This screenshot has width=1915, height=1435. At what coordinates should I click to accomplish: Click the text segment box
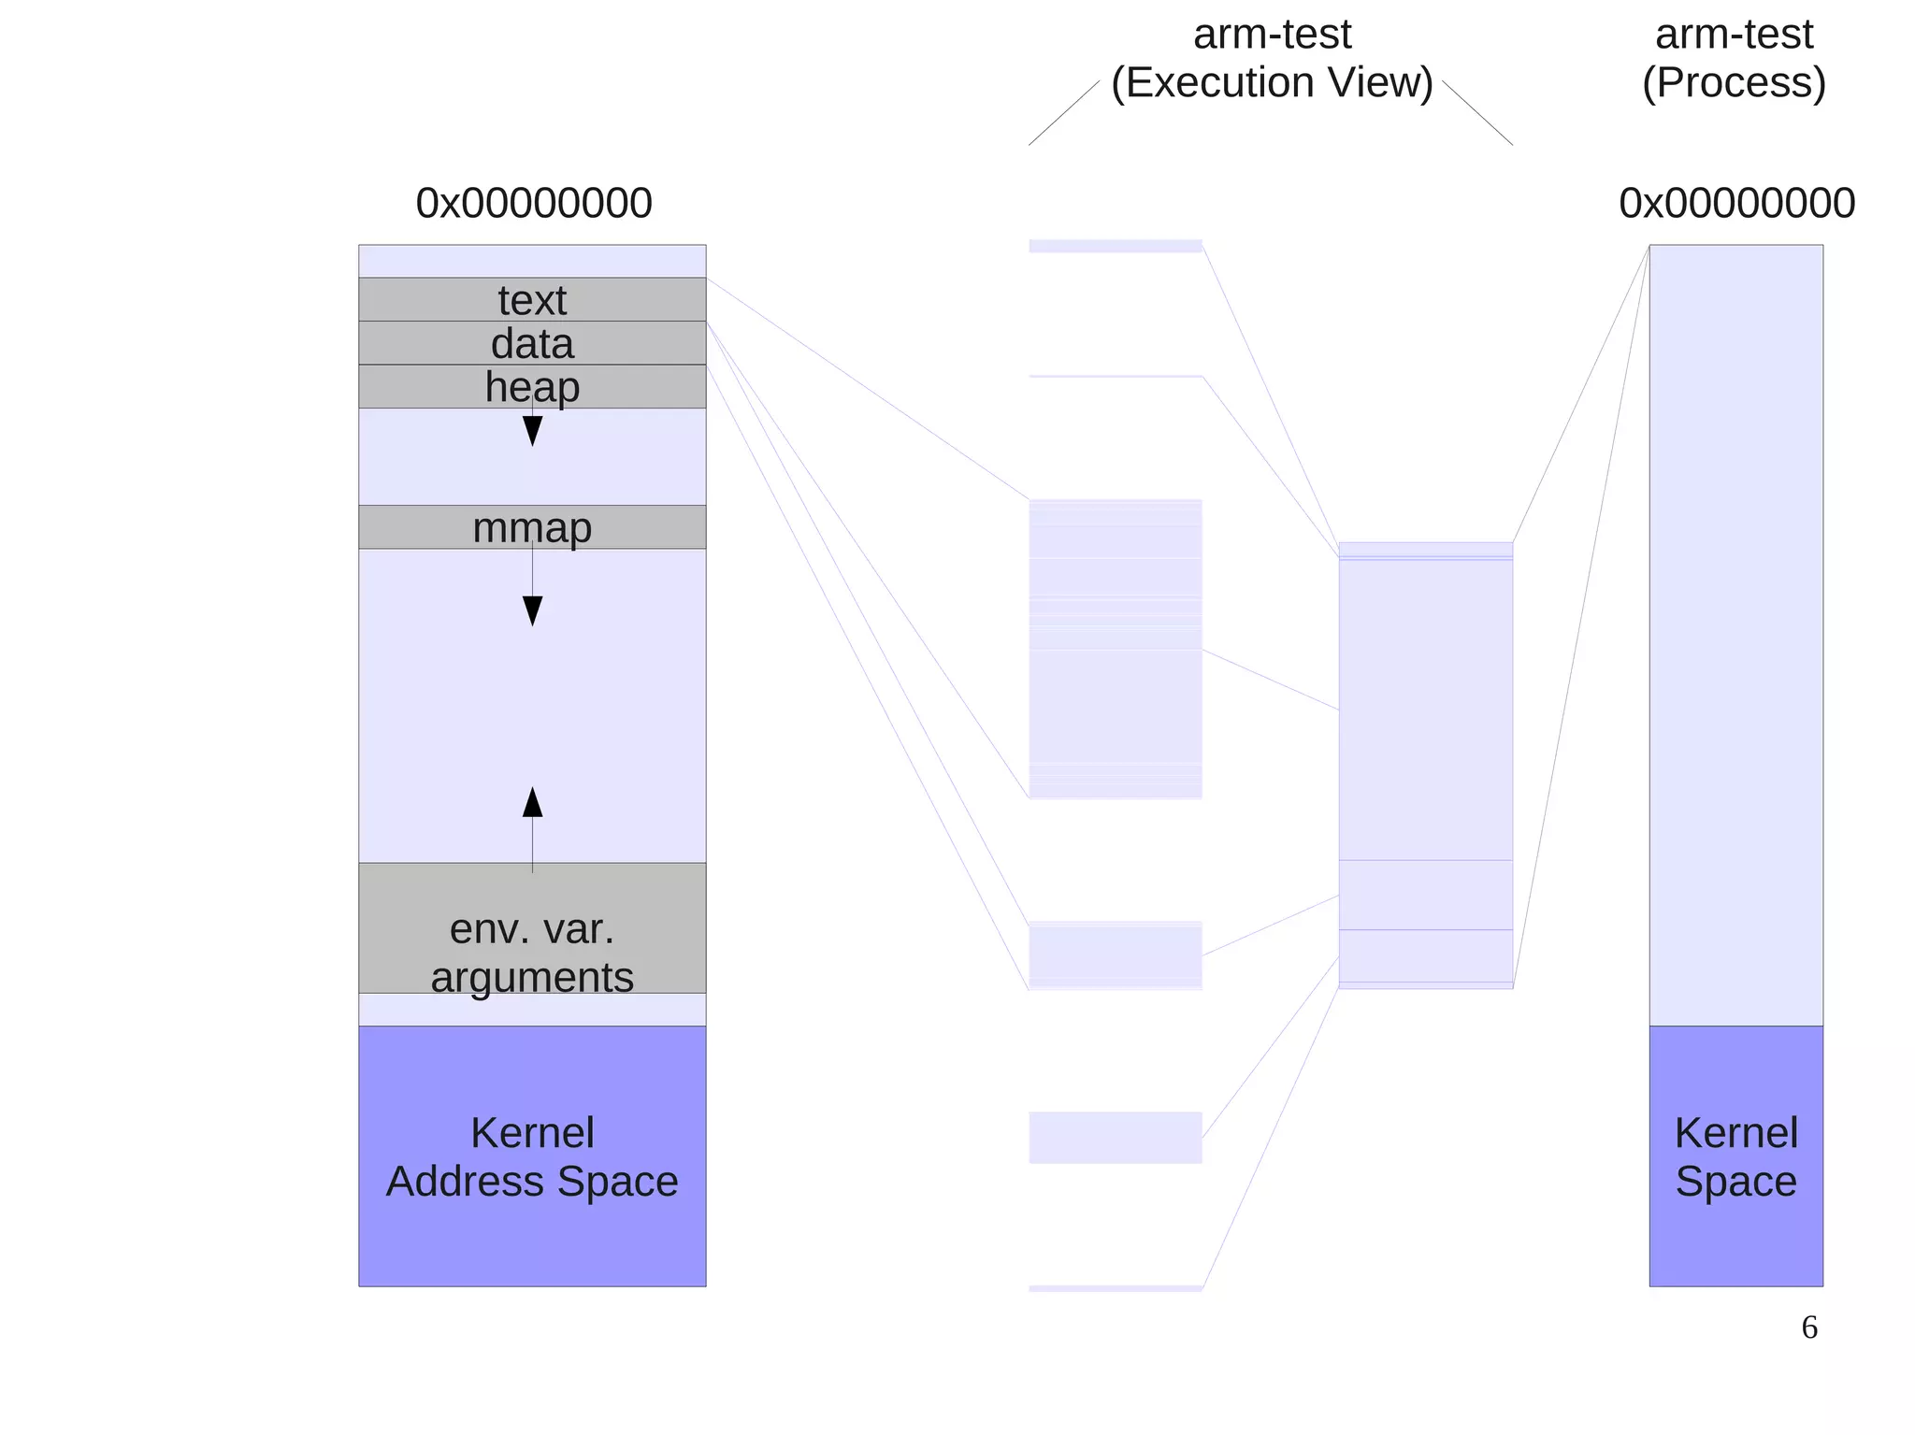click(532, 299)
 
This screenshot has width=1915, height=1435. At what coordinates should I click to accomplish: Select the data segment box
click(532, 343)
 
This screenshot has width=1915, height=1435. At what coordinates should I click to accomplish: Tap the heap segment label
click(532, 387)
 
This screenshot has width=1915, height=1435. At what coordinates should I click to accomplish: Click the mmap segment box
click(532, 527)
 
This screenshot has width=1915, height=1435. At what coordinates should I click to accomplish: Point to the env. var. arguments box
click(532, 927)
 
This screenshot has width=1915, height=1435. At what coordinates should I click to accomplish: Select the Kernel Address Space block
click(532, 1155)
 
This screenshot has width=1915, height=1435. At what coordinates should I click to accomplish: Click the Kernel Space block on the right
click(1735, 1155)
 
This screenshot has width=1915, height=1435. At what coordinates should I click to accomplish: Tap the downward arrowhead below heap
click(532, 431)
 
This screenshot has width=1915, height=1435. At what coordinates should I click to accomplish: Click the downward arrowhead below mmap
click(532, 610)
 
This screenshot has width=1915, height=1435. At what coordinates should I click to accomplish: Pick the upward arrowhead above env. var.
click(532, 802)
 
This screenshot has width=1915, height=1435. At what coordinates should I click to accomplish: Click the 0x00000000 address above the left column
click(534, 203)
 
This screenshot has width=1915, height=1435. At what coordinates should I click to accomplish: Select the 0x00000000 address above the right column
click(1736, 203)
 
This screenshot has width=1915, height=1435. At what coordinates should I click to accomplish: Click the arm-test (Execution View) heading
click(1272, 58)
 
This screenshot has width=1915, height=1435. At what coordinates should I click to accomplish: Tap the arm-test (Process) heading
click(1734, 58)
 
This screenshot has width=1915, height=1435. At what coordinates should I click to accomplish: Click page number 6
click(1809, 1327)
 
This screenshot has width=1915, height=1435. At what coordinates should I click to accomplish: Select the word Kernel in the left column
click(532, 1133)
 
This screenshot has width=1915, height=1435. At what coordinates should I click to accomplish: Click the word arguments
click(532, 977)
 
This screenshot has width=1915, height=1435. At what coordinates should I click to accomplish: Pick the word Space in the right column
click(1735, 1181)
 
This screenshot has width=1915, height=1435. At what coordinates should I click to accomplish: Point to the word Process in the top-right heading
click(1734, 82)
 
